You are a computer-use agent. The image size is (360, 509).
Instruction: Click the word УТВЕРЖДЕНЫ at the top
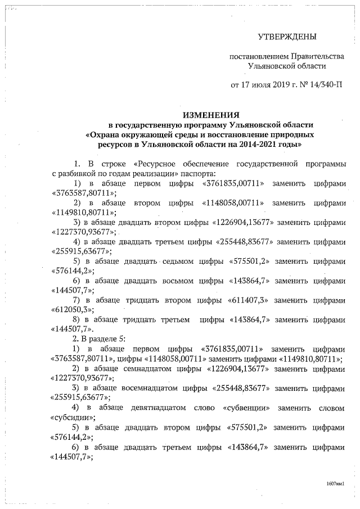pos(287,37)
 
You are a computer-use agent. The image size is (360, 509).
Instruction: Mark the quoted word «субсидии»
pos(73,417)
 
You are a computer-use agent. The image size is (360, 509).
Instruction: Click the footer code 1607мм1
pos(335,483)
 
